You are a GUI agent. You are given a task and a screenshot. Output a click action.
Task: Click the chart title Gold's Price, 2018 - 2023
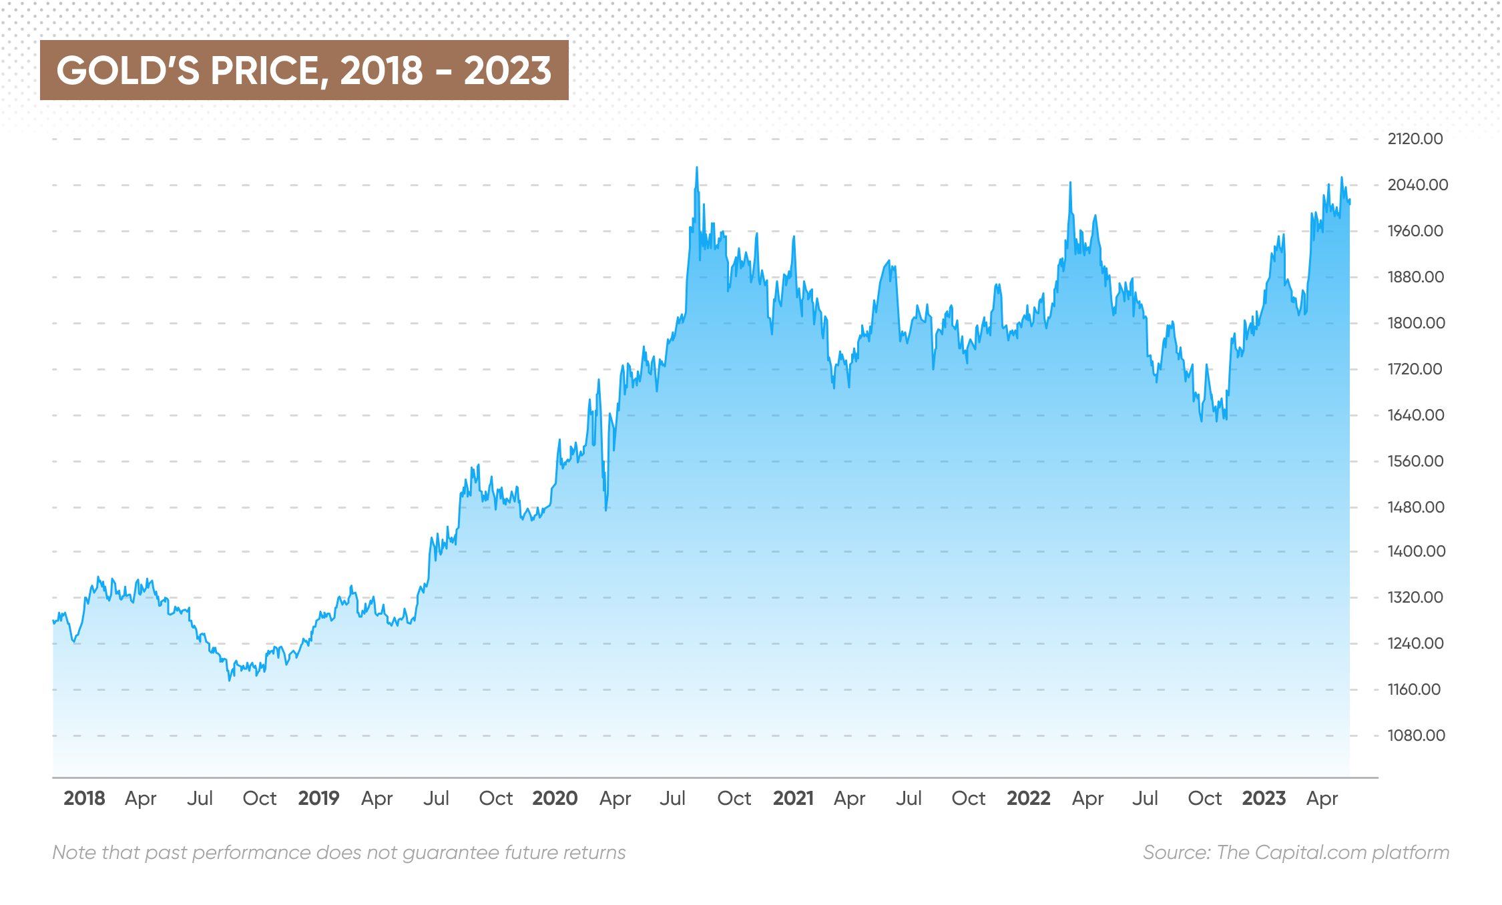click(304, 70)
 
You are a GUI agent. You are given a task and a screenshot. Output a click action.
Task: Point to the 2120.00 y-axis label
click(1415, 139)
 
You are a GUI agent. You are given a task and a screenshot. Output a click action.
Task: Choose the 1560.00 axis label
click(1415, 461)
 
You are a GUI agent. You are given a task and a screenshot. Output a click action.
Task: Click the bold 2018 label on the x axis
click(84, 798)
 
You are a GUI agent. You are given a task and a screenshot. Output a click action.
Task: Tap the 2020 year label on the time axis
click(555, 798)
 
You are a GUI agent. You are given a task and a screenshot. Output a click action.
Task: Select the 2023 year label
click(1264, 798)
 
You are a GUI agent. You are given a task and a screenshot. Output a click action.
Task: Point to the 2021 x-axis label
click(793, 798)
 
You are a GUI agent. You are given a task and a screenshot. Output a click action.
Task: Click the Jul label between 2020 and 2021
click(672, 798)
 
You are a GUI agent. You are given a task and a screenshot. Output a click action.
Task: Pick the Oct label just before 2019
click(260, 798)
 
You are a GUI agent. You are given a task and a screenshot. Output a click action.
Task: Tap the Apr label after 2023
click(1322, 798)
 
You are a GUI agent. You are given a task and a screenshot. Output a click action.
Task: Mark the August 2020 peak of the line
click(697, 168)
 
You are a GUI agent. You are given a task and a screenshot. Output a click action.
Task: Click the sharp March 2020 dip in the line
click(606, 509)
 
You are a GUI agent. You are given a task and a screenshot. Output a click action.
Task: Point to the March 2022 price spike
click(1070, 183)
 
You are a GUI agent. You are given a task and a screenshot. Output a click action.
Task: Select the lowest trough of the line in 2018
click(230, 679)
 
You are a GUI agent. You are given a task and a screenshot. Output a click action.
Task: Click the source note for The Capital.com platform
click(1296, 852)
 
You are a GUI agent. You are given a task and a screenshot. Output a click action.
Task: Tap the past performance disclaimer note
click(339, 852)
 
